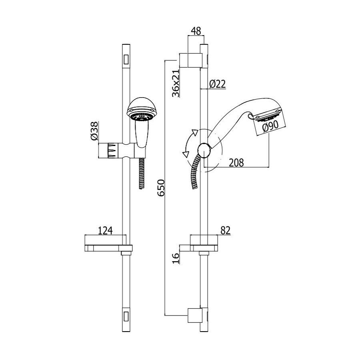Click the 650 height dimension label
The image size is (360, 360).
[x=162, y=188]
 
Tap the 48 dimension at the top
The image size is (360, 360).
[x=196, y=31]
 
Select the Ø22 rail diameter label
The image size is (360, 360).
[x=218, y=84]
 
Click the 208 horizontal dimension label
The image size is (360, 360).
[x=236, y=162]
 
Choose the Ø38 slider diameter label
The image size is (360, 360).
[x=94, y=131]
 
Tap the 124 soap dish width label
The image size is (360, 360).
[x=105, y=230]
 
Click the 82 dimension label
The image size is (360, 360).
[x=225, y=230]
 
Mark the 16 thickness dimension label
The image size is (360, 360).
[x=176, y=258]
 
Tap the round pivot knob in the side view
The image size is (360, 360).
[x=204, y=150]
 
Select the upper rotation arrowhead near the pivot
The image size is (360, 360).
[x=195, y=133]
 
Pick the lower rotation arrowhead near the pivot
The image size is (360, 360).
[x=186, y=154]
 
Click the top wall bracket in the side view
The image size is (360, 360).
[x=191, y=60]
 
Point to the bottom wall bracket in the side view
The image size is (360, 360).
[x=195, y=316]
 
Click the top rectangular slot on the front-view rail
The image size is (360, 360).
[x=126, y=60]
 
